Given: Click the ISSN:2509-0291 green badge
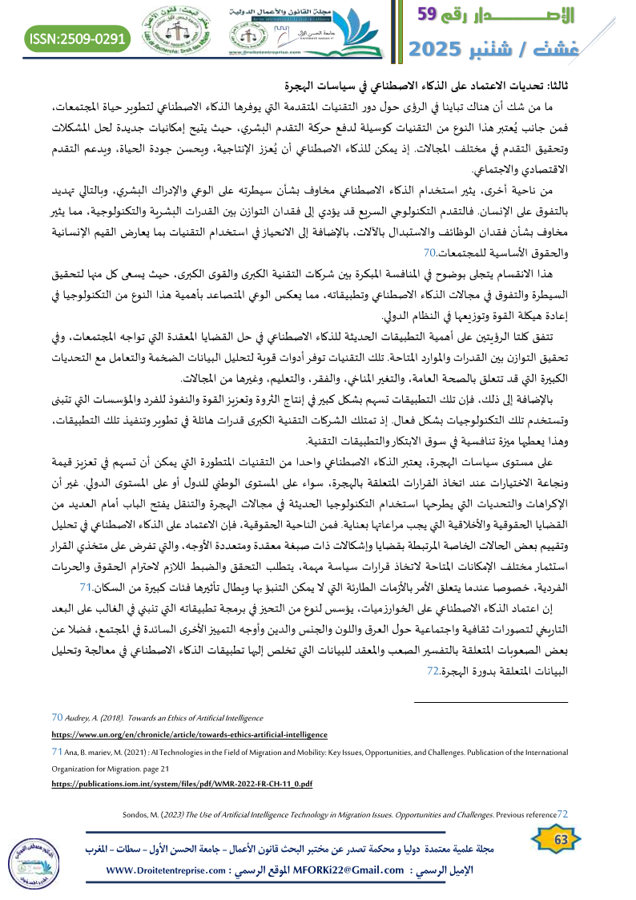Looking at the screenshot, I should tap(78, 38).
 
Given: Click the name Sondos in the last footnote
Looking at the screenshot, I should tap(136, 814).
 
